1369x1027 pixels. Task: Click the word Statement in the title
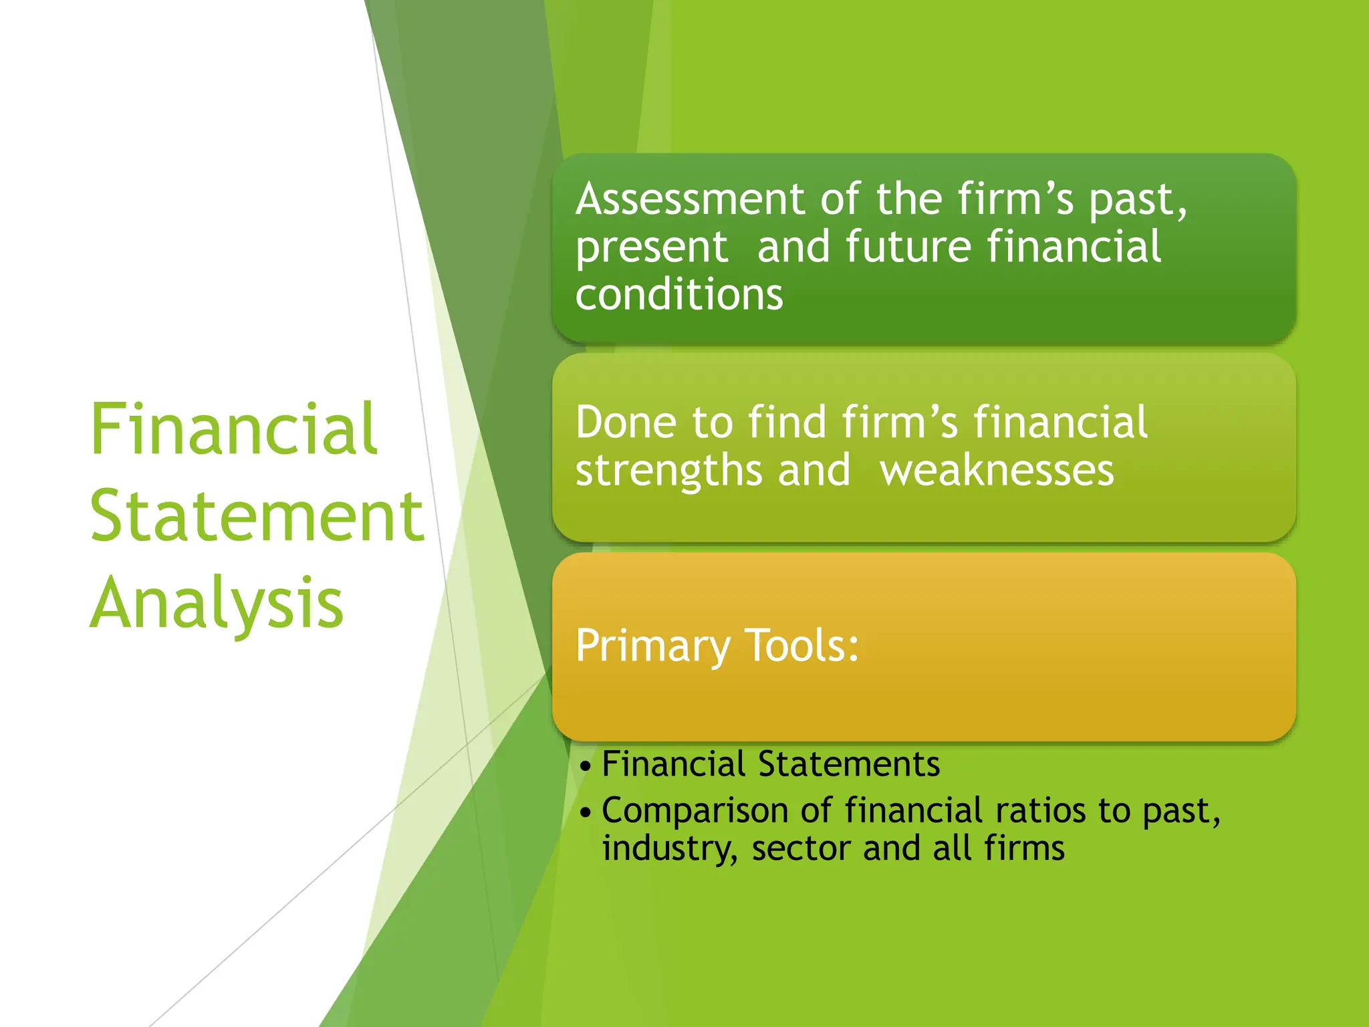coord(257,516)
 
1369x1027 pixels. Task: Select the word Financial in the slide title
coord(234,429)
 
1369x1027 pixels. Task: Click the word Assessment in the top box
coord(690,199)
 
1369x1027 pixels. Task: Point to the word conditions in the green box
coord(678,295)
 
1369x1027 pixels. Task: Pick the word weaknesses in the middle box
coord(997,471)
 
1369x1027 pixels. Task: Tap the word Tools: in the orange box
coord(801,646)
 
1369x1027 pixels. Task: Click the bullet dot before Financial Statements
coord(586,766)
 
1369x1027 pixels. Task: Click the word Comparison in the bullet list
coord(695,812)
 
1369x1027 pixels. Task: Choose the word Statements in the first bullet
coord(849,764)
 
